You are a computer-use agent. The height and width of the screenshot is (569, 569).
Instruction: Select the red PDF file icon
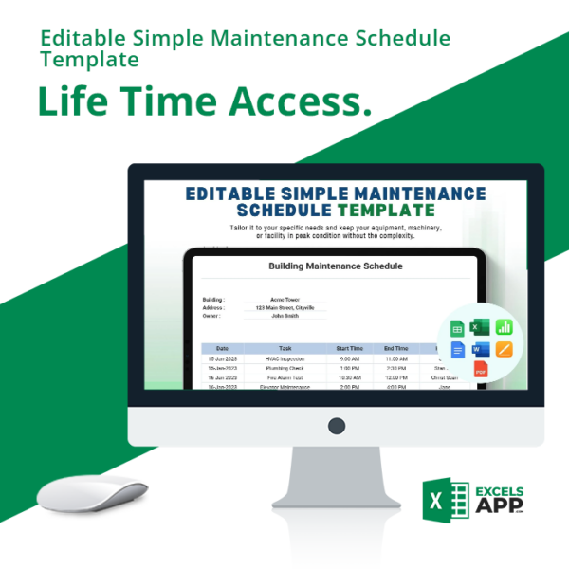[x=481, y=370]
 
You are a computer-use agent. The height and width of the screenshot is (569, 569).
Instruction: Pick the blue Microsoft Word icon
[x=481, y=349]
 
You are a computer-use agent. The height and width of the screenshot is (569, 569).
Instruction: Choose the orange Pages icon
[x=504, y=349]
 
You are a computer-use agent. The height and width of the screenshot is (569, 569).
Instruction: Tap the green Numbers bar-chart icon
[x=504, y=327]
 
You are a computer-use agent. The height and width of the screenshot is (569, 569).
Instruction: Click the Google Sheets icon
[x=457, y=328]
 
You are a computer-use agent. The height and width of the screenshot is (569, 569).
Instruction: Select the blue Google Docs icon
[x=458, y=349]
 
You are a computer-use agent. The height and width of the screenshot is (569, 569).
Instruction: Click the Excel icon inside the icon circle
[x=481, y=327]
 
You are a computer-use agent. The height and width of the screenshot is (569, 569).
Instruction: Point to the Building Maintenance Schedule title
[x=336, y=266]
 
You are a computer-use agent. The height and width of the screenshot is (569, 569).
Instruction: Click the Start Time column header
[x=349, y=348]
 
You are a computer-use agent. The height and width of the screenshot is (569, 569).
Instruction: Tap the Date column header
[x=222, y=348]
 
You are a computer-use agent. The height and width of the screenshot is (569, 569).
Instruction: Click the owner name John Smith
[x=284, y=316]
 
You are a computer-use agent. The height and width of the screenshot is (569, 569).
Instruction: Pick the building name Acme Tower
[x=284, y=300]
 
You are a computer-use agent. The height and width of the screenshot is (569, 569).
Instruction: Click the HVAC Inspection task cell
[x=285, y=359]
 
